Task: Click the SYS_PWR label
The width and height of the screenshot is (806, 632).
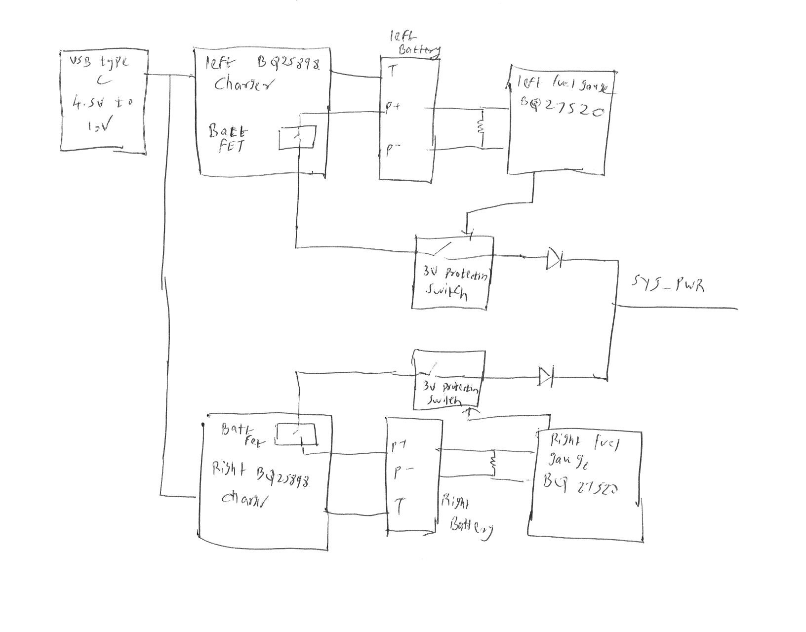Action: click(668, 285)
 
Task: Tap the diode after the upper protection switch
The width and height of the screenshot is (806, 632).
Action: click(555, 258)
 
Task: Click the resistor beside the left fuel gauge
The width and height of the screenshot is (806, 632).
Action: click(481, 127)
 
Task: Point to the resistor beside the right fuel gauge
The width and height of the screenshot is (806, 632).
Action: click(492, 463)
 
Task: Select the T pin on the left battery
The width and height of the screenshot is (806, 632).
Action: click(392, 72)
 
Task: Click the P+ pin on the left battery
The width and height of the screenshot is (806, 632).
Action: click(393, 108)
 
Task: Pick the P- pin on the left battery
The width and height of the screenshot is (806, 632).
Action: click(392, 150)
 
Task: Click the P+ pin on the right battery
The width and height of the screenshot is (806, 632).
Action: click(399, 446)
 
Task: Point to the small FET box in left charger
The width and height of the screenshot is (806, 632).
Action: click(297, 137)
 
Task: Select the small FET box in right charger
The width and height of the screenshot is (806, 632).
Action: click(295, 434)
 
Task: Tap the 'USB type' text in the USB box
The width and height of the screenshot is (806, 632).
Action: click(99, 62)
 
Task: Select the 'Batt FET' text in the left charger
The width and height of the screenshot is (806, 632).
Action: click(228, 139)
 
